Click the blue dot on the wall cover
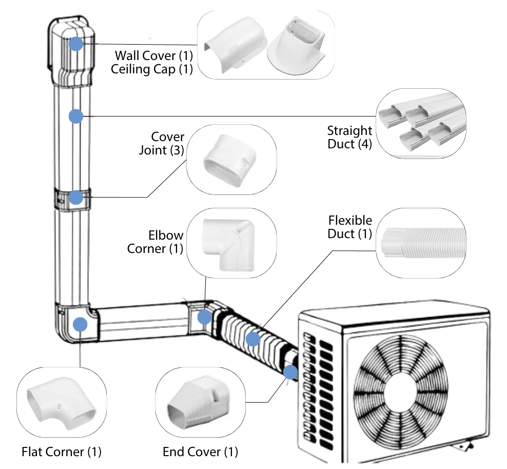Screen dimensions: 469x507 [x=76, y=44]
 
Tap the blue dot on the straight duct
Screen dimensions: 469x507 [x=76, y=116]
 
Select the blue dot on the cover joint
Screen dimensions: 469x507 [x=76, y=198]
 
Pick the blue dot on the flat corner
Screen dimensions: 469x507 [x=80, y=324]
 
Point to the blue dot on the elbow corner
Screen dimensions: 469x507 [x=204, y=316]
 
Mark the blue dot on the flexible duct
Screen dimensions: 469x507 [x=252, y=339]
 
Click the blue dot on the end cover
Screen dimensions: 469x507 [x=290, y=372]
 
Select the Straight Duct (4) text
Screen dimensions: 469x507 [x=350, y=138]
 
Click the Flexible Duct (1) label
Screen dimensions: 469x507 [x=350, y=227]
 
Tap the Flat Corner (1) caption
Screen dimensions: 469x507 [x=62, y=452]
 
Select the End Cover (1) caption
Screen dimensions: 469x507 [x=201, y=452]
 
